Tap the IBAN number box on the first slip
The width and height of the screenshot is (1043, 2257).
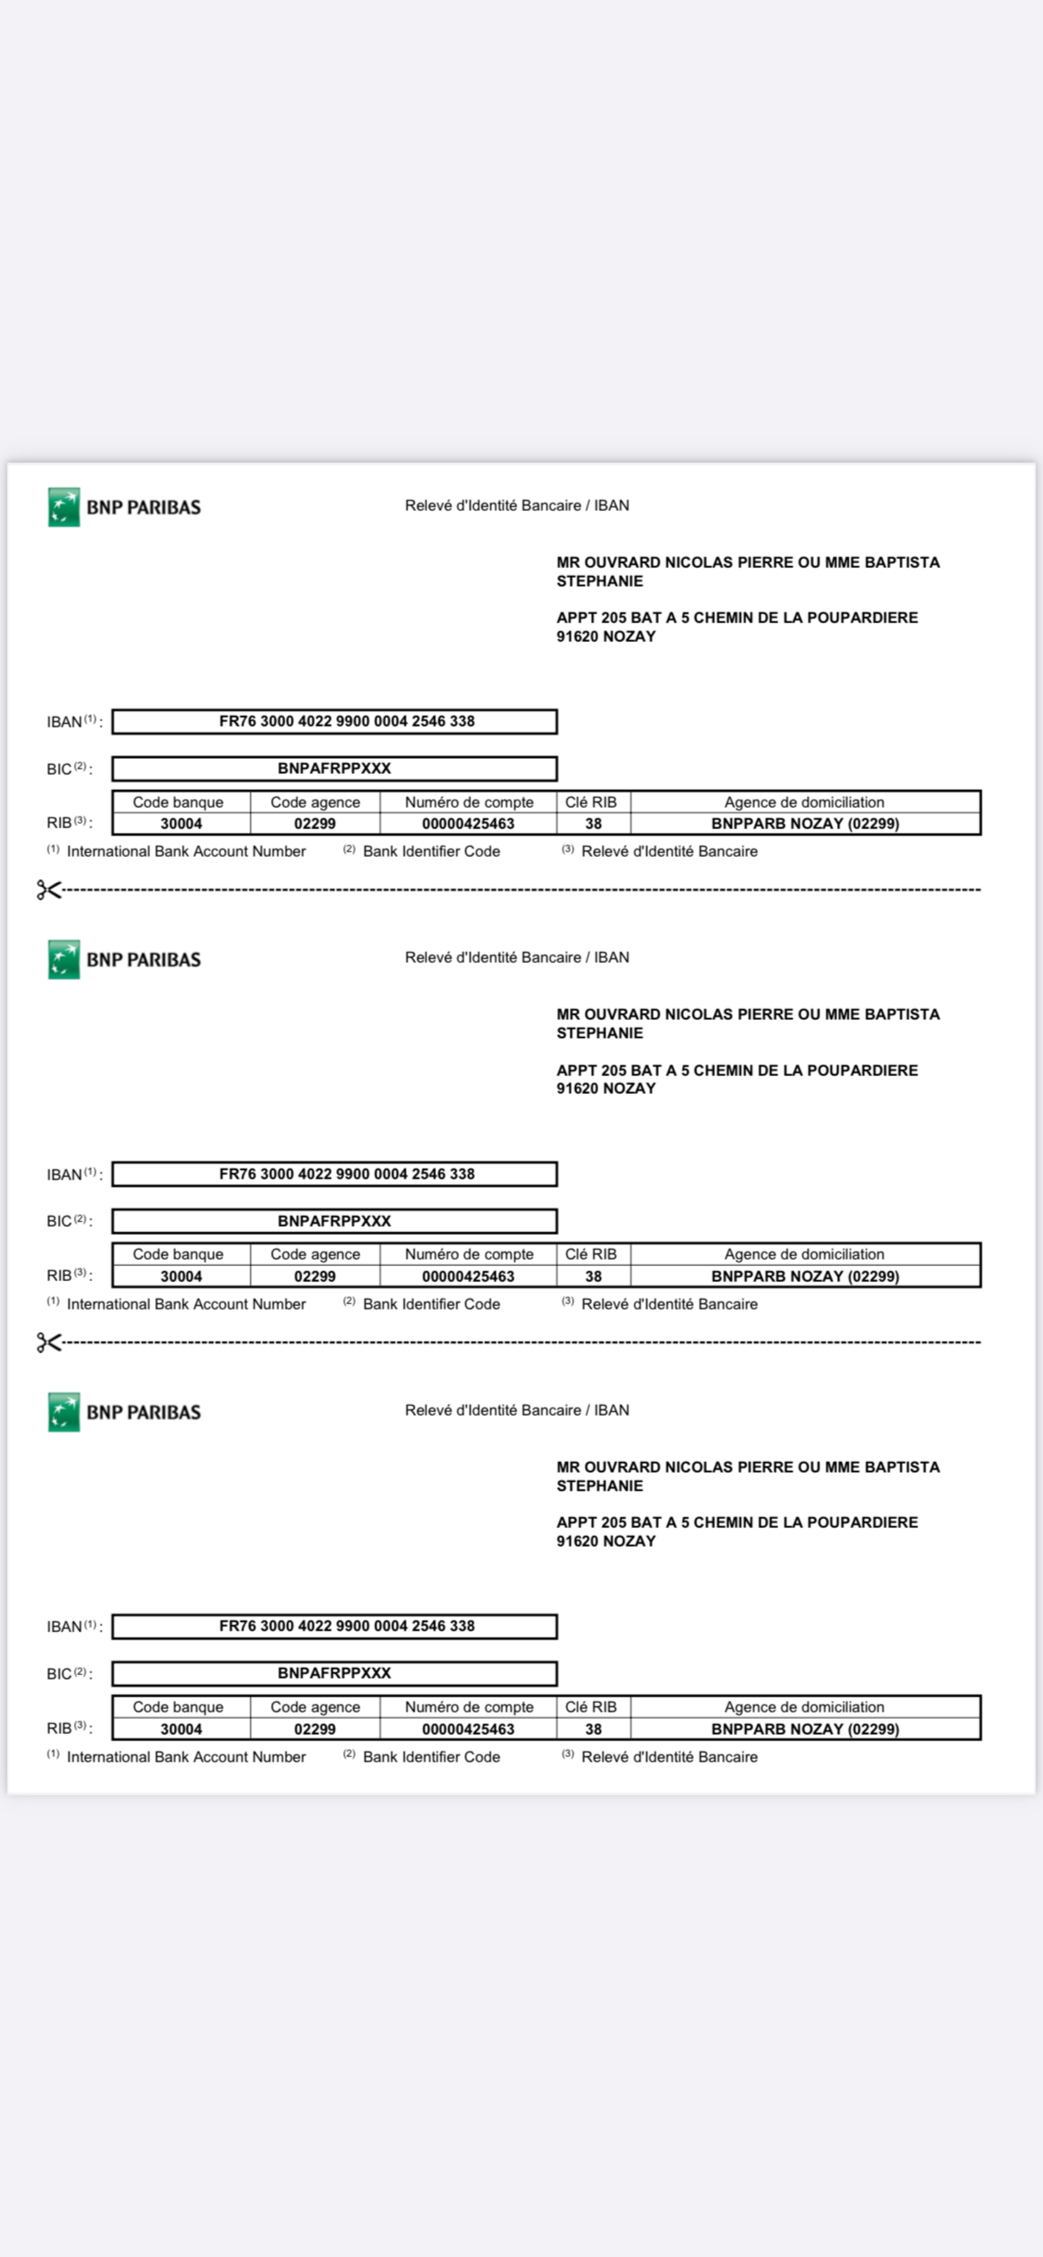pyautogui.click(x=335, y=721)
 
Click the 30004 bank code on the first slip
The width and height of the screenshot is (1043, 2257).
pyautogui.click(x=181, y=823)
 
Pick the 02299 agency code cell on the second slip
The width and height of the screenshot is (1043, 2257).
pyautogui.click(x=314, y=1277)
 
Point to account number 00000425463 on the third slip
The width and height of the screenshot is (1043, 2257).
pyautogui.click(x=468, y=1729)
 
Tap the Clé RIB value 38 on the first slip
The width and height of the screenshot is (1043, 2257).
pyautogui.click(x=593, y=823)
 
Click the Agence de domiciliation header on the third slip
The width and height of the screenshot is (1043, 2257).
pyautogui.click(x=804, y=1707)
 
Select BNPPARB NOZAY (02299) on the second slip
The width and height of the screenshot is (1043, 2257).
pyautogui.click(x=805, y=1277)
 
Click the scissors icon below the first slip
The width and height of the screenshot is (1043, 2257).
pyautogui.click(x=48, y=890)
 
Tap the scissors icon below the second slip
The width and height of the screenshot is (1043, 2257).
pyautogui.click(x=48, y=1342)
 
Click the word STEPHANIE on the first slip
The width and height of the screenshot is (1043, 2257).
pyautogui.click(x=600, y=581)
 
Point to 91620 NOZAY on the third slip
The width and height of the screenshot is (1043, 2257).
pyautogui.click(x=605, y=1541)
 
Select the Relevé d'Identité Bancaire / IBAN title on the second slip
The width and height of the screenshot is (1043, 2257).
pyautogui.click(x=516, y=957)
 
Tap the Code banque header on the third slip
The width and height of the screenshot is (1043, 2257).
pyautogui.click(x=178, y=1707)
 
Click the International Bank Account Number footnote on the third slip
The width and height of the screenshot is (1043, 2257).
pyautogui.click(x=186, y=1757)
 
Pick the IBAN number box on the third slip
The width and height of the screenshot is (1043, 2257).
pyautogui.click(x=335, y=1626)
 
